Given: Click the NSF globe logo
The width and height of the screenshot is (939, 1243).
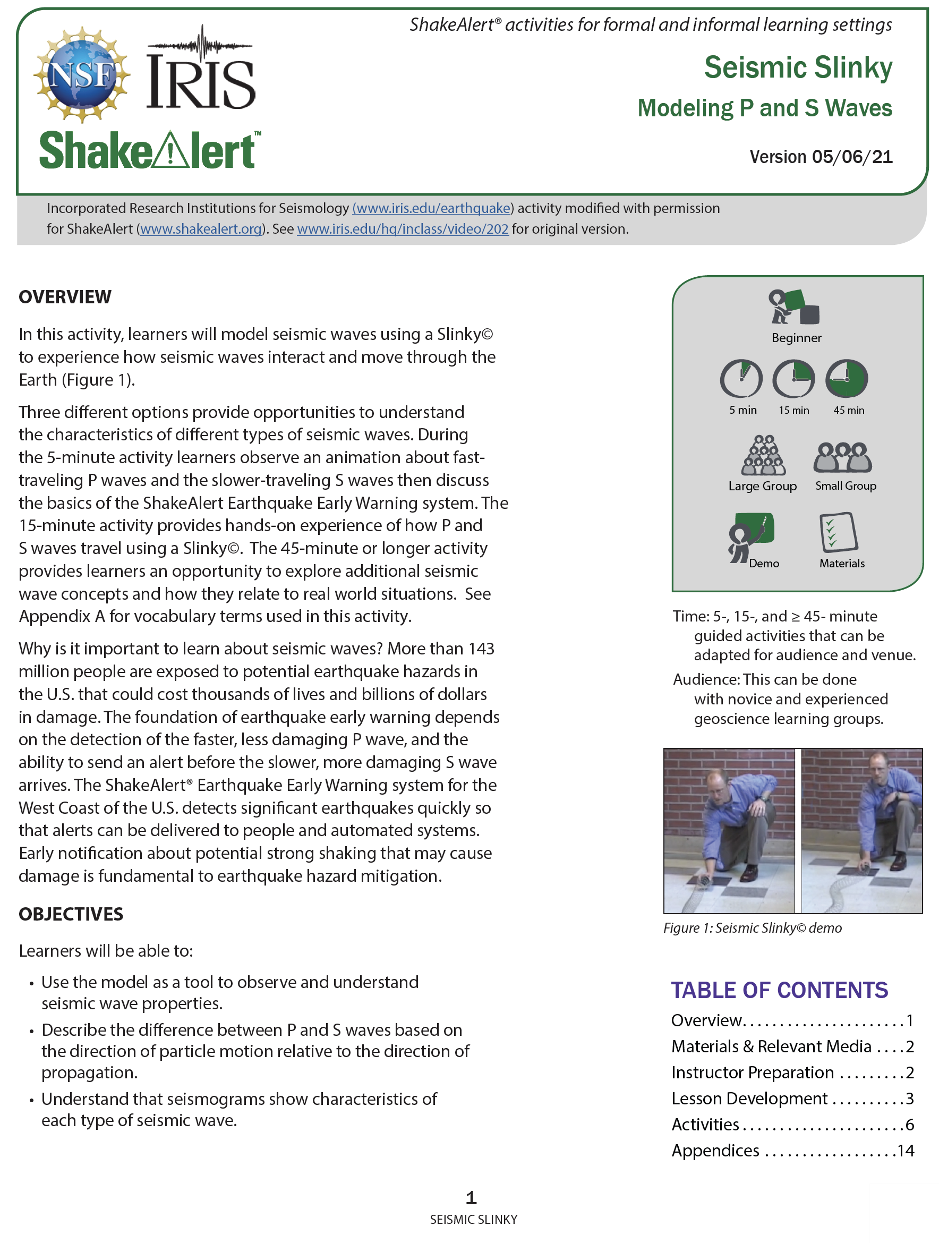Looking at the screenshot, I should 82,74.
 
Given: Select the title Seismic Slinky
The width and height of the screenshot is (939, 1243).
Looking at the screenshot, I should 797,67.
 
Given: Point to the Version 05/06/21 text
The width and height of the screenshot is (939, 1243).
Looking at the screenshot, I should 821,157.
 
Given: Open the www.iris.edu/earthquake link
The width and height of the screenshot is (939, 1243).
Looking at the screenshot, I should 432,208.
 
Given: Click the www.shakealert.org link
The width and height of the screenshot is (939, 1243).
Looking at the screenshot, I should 201,229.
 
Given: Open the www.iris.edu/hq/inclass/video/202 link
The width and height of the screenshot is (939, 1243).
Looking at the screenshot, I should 403,229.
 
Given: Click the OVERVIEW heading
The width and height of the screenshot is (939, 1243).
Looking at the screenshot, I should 65,297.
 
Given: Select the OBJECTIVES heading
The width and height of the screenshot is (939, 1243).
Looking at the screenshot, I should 71,914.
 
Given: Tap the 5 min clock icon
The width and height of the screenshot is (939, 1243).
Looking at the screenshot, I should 741,379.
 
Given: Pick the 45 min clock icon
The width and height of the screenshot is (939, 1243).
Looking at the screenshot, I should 846,379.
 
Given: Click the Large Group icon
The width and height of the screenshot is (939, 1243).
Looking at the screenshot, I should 763,456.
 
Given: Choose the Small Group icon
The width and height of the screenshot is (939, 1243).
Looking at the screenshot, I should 842,457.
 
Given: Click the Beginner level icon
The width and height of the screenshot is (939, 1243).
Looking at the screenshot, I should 795,308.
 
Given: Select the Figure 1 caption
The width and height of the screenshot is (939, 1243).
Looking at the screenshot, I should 752,929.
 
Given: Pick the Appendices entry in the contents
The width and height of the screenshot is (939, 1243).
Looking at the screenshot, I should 715,1150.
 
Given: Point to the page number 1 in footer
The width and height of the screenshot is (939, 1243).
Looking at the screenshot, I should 471,1198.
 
